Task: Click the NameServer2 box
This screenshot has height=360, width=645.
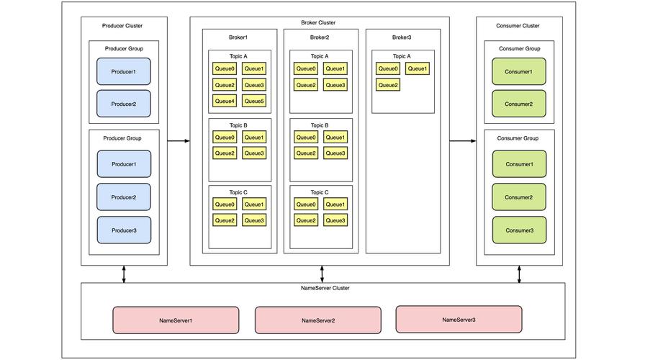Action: [x=318, y=320]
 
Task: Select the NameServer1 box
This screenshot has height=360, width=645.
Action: [x=176, y=320]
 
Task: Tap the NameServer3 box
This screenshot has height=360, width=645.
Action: [x=459, y=319]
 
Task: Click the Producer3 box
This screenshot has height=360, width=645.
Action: [x=124, y=230]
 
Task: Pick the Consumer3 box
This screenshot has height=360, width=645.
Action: [x=519, y=230]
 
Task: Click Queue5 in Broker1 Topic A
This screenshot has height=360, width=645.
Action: [x=254, y=101]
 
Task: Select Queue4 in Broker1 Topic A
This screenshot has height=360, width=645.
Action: [x=225, y=101]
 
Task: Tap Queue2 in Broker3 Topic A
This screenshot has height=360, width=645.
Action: [x=388, y=85]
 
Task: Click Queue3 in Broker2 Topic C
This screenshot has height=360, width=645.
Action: [x=335, y=220]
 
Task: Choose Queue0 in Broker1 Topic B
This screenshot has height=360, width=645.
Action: [x=225, y=137]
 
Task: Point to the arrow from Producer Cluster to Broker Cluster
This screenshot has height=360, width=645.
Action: [x=179, y=141]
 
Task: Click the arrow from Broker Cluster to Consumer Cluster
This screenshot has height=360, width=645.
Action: [x=463, y=141]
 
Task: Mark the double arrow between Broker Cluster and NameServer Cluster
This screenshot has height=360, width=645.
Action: [x=322, y=274]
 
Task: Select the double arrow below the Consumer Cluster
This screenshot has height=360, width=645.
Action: [x=519, y=274]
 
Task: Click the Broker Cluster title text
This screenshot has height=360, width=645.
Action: [x=318, y=22]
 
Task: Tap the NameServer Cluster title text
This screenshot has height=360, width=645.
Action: [x=325, y=288]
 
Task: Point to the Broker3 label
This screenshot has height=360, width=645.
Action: [x=402, y=37]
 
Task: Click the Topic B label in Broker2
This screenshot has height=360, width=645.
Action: [x=320, y=125]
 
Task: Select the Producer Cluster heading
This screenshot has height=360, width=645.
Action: [x=122, y=25]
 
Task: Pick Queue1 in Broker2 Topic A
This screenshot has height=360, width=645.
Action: [x=335, y=68]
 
